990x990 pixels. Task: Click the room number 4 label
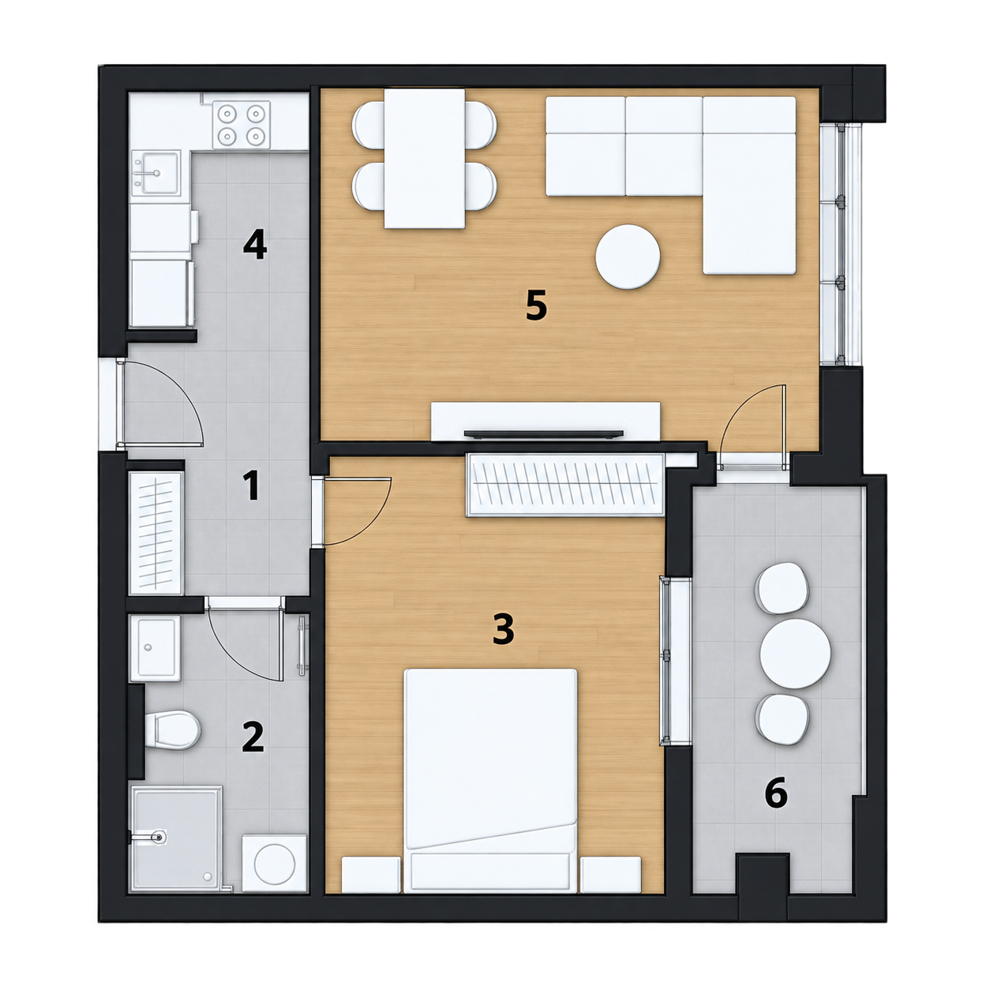255,246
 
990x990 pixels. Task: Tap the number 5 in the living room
537,306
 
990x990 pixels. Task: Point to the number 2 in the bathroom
253,737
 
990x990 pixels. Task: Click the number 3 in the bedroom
503,630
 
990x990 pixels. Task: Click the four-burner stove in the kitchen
242,123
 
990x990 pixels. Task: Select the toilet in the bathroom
172,729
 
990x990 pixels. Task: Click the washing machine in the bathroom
275,863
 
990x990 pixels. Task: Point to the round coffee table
628,257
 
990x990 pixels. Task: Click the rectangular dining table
425,159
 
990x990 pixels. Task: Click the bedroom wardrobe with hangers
564,486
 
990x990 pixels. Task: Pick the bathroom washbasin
156,648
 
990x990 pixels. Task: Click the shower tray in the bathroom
176,839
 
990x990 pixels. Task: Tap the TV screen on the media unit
544,433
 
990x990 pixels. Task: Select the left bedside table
371,874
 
